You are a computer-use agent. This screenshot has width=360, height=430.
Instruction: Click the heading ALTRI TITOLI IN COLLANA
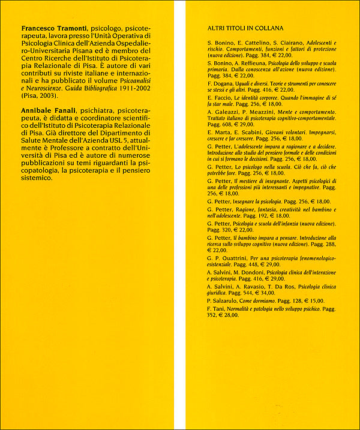tap(245, 28)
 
